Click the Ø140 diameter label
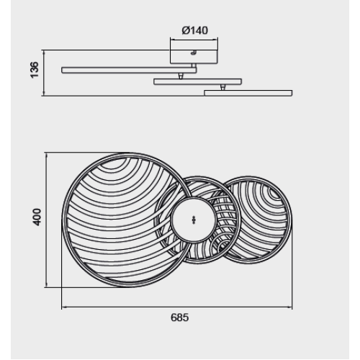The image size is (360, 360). click(195, 30)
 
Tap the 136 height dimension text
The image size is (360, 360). click(35, 70)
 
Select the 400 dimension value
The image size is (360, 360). click(37, 217)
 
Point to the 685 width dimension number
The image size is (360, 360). click(180, 318)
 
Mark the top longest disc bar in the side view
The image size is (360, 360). click(129, 70)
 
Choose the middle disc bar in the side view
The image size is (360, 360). click(198, 81)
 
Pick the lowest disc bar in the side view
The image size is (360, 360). click(248, 93)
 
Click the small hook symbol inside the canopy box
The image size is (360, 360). click(194, 53)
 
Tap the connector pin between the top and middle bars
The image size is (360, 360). click(180, 76)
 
